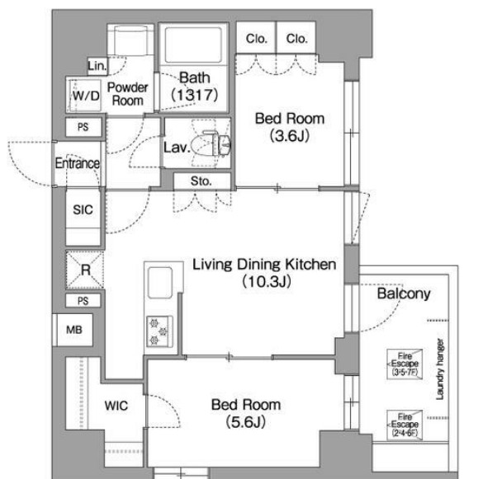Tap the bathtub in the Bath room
(x=193, y=45)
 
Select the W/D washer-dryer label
(x=86, y=96)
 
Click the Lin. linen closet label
(x=97, y=66)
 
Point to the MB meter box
(x=74, y=330)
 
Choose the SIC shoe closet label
(x=83, y=209)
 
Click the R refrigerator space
(x=85, y=270)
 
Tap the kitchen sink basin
(x=160, y=282)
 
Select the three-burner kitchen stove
(x=159, y=331)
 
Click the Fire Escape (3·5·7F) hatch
(x=405, y=364)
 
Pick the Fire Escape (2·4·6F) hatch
(x=405, y=425)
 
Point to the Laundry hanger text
(x=440, y=369)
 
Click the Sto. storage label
(x=201, y=181)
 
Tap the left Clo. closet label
(x=256, y=39)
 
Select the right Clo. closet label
(x=296, y=39)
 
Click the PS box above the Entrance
(x=83, y=127)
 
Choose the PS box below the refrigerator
(x=83, y=301)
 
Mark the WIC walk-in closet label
(x=116, y=406)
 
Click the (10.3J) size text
(x=267, y=281)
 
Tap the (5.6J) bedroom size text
(x=246, y=421)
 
